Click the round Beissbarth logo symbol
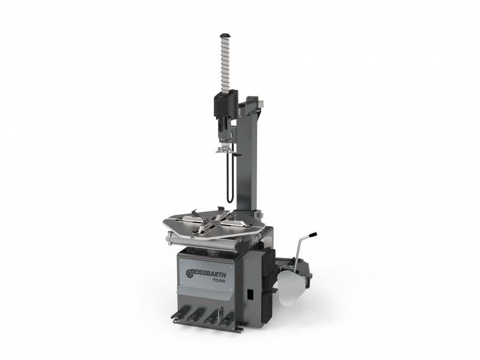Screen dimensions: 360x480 (x=188, y=273)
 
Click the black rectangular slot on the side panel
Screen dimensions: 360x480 (x=249, y=294)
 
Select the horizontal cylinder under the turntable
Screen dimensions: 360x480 (x=208, y=241)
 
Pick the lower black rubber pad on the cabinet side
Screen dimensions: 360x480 (x=270, y=299)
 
